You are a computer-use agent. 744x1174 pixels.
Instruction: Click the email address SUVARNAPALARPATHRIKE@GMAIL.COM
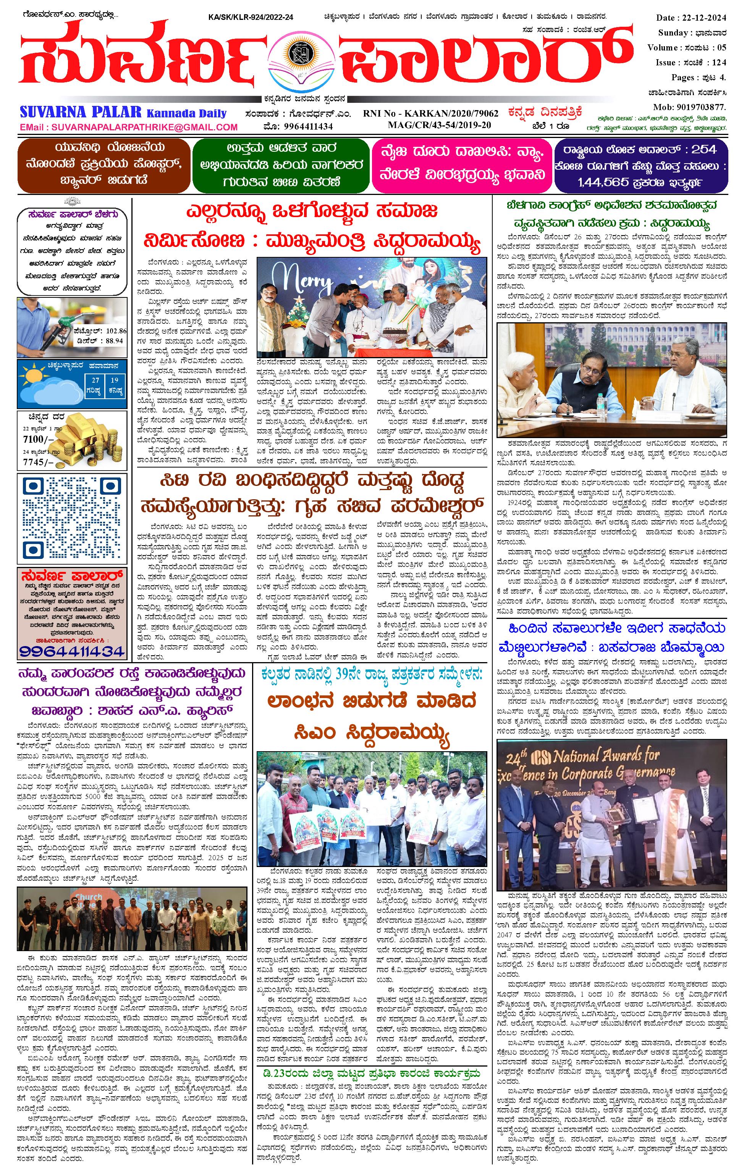coord(129,127)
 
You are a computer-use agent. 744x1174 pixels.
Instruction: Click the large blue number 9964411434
coord(72,650)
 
